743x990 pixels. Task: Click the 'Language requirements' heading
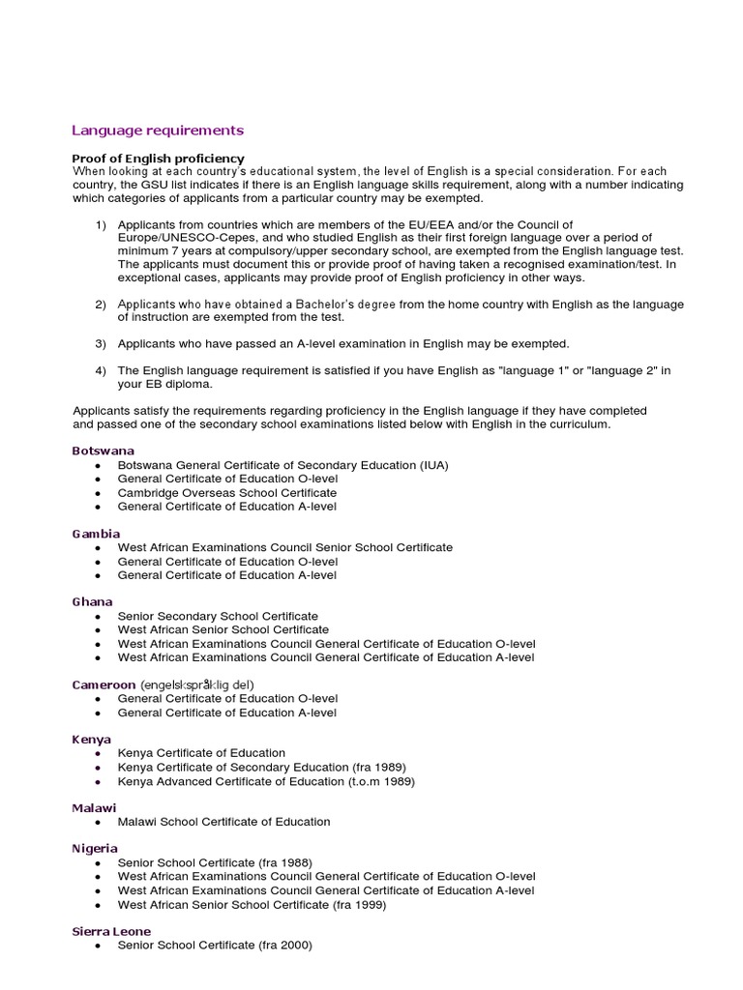coord(158,131)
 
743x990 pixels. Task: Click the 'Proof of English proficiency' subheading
coord(158,159)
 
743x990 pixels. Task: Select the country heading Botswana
coord(104,451)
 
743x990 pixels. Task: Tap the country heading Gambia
coord(96,534)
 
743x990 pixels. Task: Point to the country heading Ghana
coord(93,602)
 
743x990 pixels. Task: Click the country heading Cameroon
coord(104,684)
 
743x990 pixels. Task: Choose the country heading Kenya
coord(92,740)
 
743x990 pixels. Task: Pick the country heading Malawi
coord(95,808)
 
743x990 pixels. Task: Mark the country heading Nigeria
coord(95,849)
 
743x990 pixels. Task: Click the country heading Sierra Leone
coord(111,931)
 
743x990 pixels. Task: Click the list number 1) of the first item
coord(101,225)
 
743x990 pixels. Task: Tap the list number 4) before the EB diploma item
coord(101,371)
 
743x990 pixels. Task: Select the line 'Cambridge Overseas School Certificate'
coord(227,493)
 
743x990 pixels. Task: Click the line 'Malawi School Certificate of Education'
coord(223,822)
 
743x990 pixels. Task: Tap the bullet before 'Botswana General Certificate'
coord(99,466)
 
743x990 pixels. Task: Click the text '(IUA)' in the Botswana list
coord(434,465)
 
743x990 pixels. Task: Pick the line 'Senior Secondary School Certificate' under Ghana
coord(218,616)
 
